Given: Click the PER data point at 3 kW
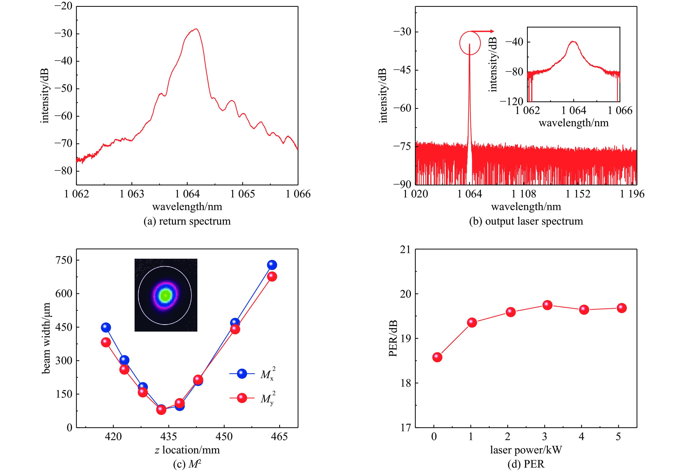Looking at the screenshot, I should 547,305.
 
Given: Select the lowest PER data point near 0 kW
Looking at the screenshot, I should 437,357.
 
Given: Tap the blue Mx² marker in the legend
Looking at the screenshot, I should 242,374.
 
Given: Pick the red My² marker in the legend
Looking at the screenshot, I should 242,398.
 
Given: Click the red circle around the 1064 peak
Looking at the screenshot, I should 470,43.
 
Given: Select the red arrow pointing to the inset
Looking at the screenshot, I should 482,31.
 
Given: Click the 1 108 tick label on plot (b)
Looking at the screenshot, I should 524,194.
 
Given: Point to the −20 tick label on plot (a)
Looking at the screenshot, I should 63,6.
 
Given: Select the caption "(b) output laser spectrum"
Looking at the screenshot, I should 526,221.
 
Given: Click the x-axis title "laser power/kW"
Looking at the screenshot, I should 526,450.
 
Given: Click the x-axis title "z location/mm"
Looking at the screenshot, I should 187,450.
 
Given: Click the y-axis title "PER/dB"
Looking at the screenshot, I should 393,338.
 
